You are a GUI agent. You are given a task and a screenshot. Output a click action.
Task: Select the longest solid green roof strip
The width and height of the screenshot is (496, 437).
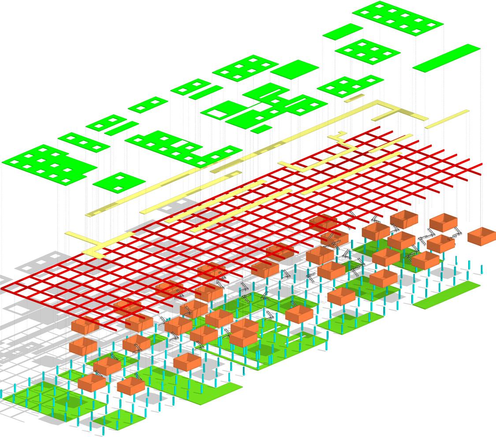pyautogui.click(x=446, y=58)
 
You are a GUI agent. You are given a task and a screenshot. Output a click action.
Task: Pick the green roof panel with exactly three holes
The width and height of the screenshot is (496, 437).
pyautogui.click(x=84, y=142)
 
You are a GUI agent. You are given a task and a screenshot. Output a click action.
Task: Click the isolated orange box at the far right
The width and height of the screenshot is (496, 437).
pyautogui.click(x=481, y=236)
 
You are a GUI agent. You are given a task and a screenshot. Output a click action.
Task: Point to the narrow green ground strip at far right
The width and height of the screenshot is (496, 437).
pyautogui.click(x=446, y=295)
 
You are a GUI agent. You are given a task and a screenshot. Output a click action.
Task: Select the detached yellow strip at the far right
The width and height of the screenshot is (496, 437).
pyautogui.click(x=447, y=119)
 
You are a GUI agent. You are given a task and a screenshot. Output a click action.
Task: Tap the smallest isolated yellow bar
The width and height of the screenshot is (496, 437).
pyautogui.click(x=354, y=98)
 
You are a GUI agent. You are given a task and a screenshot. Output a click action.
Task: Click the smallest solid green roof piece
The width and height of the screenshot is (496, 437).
pyautogui.click(x=261, y=129)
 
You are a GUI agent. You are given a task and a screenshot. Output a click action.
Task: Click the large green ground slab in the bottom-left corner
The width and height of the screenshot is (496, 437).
pyautogui.click(x=48, y=399)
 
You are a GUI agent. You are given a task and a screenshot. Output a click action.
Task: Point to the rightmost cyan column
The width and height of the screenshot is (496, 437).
pyautogui.click(x=481, y=269)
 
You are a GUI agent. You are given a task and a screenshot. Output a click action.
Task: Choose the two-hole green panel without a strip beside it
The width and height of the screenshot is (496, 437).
pyautogui.click(x=148, y=104)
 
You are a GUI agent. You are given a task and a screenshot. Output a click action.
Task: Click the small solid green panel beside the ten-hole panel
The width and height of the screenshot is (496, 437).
pyautogui.click(x=343, y=31)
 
